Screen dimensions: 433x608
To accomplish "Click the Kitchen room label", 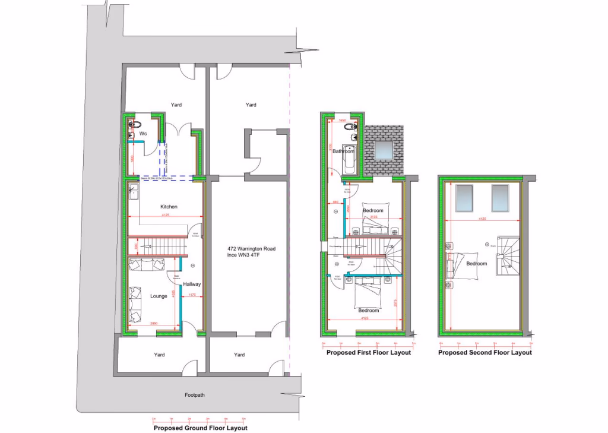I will (x=169, y=207).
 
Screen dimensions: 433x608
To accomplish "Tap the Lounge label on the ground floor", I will (x=159, y=296).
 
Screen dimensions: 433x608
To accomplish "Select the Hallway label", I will (x=192, y=284).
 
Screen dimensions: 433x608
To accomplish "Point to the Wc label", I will (x=143, y=134).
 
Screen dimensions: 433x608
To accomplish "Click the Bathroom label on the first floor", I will (x=343, y=151).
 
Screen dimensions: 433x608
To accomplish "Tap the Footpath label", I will (x=194, y=394).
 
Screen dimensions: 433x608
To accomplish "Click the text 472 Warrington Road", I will (x=251, y=249).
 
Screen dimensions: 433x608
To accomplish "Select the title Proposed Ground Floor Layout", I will (x=200, y=428).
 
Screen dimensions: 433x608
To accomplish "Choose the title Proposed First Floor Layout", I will (x=368, y=352).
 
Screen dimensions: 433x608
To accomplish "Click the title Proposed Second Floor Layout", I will (x=485, y=352).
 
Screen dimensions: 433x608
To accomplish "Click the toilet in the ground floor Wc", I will (x=136, y=124).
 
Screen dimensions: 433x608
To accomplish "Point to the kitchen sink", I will (x=134, y=191).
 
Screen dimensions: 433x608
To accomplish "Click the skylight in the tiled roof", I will (x=384, y=150).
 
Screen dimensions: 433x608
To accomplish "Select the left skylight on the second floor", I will (x=464, y=198).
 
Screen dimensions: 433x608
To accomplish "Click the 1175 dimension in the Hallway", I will (x=192, y=295).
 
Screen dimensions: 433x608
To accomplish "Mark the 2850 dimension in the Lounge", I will (x=154, y=323).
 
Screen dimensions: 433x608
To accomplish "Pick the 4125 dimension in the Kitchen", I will (x=165, y=215).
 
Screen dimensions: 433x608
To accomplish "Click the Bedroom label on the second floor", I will (x=476, y=263).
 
